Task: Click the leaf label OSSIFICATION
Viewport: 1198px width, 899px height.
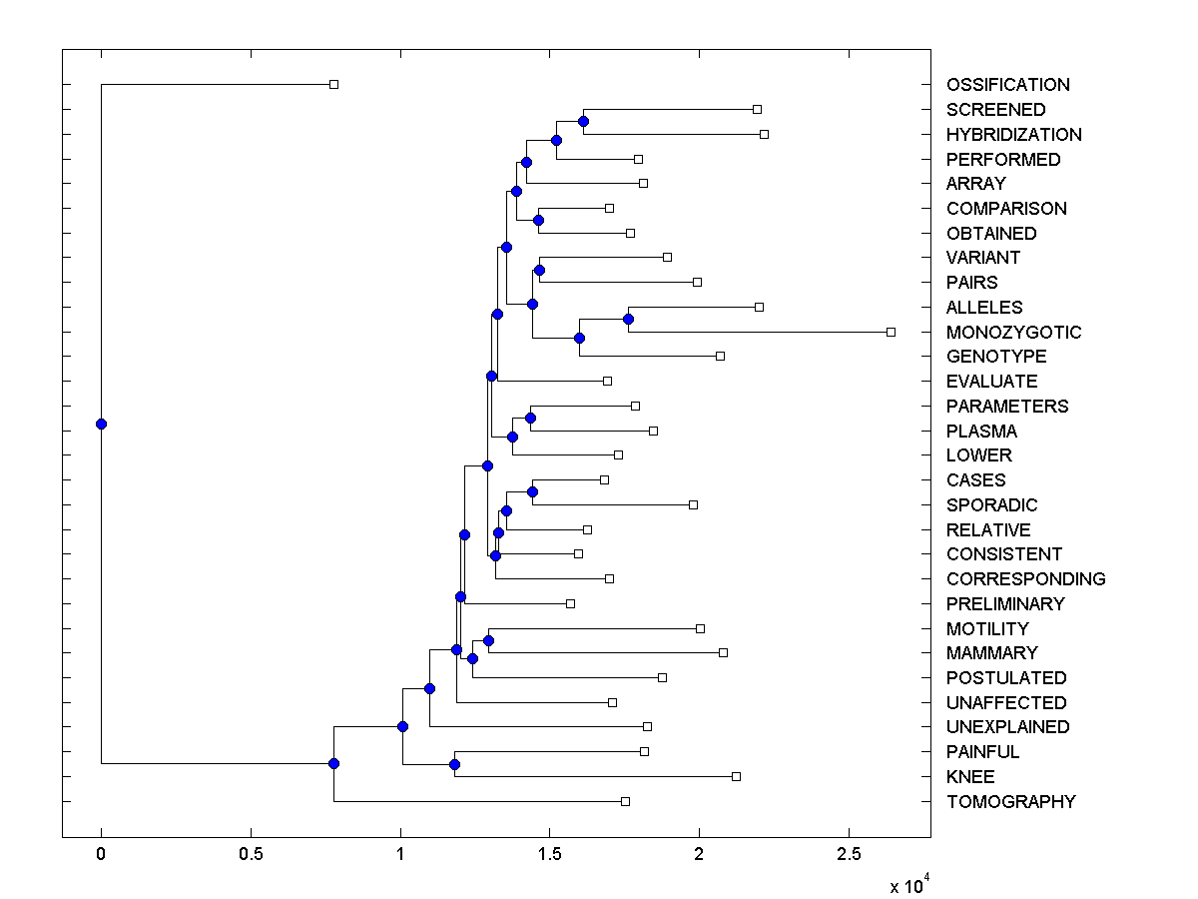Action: tap(1007, 85)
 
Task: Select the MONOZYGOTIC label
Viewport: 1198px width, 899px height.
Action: tap(1013, 332)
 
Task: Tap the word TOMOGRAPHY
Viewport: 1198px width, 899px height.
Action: tap(1010, 801)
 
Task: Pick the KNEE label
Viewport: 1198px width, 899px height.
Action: tap(970, 776)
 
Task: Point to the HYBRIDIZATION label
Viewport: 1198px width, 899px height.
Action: tap(1013, 134)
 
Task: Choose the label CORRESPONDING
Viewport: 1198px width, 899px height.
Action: tap(1025, 578)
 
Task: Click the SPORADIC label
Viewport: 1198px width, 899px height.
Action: tap(991, 504)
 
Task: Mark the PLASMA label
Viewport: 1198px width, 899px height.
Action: tap(981, 431)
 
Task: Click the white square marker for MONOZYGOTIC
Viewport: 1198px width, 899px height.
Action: tap(892, 332)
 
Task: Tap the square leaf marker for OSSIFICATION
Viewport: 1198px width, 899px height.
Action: tap(334, 85)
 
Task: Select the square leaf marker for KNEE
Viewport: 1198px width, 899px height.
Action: tap(736, 776)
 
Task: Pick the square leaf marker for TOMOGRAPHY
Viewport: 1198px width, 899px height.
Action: tap(625, 801)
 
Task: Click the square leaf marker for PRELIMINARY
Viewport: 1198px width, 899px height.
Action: tap(570, 603)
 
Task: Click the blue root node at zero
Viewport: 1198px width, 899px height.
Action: tap(101, 424)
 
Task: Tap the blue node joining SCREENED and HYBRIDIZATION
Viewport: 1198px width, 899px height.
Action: tap(583, 121)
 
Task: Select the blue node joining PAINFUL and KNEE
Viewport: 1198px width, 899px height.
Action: tap(454, 764)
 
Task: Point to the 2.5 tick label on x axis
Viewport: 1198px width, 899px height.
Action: tap(849, 856)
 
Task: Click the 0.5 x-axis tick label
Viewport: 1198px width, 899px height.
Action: tap(251, 856)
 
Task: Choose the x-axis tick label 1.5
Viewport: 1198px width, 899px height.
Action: tap(549, 856)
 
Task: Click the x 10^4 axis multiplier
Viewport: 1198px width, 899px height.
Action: tap(909, 885)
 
